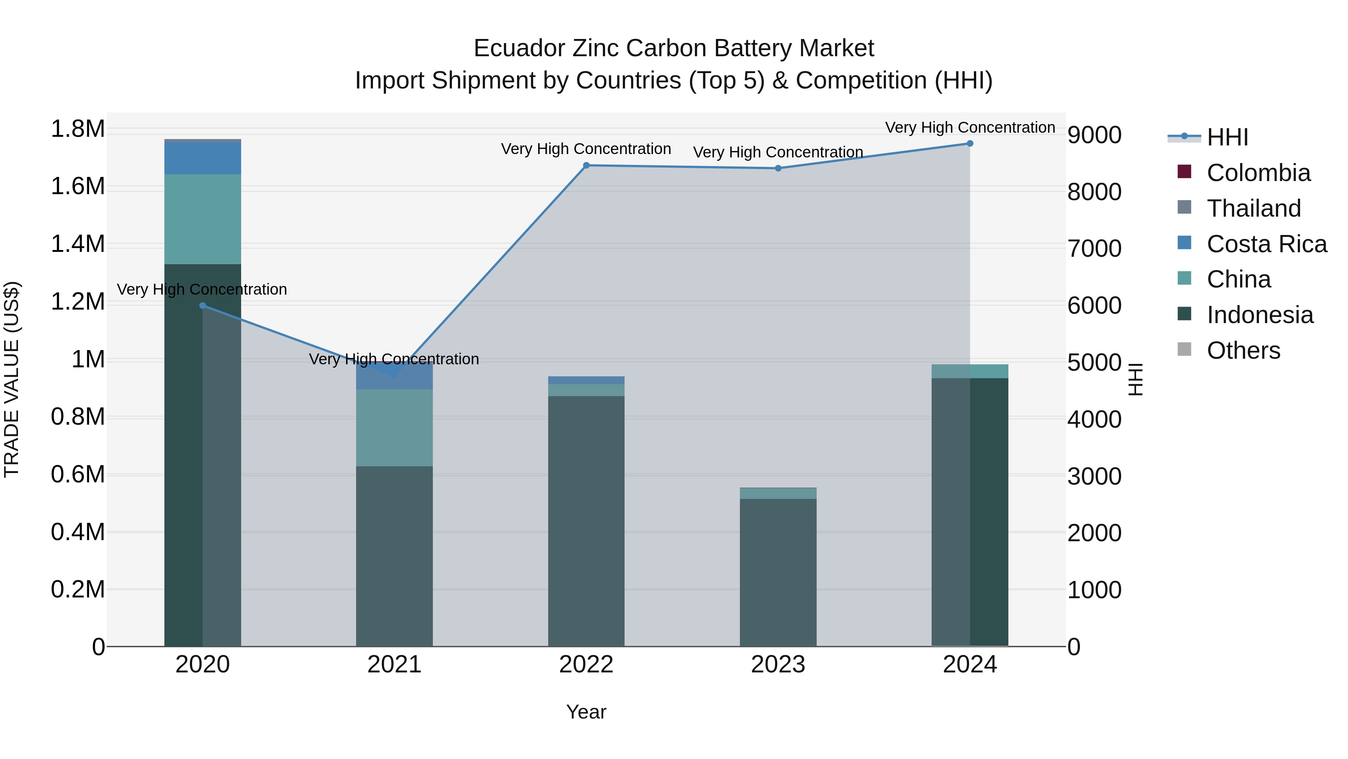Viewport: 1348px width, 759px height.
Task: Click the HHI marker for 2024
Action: pyautogui.click(x=970, y=144)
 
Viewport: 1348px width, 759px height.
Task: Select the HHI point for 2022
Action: pyautogui.click(x=586, y=166)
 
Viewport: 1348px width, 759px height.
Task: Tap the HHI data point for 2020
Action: pyautogui.click(x=203, y=305)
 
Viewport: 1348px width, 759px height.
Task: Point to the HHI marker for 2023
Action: pyautogui.click(x=778, y=168)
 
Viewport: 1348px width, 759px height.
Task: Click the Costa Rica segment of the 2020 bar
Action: pyautogui.click(x=203, y=158)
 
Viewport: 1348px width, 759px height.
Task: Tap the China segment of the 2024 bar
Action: pyautogui.click(x=970, y=371)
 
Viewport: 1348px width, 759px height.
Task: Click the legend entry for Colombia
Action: pyautogui.click(x=1258, y=173)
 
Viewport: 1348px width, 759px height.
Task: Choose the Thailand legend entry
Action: pyautogui.click(x=1253, y=208)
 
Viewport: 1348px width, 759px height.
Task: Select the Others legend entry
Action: pyautogui.click(x=1243, y=350)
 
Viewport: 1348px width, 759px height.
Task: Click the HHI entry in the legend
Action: pyautogui.click(x=1227, y=137)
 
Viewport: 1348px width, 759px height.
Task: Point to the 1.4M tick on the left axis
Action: pyautogui.click(x=78, y=244)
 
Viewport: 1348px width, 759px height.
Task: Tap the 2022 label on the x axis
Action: pyautogui.click(x=586, y=665)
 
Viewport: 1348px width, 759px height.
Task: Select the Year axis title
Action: pyautogui.click(x=586, y=712)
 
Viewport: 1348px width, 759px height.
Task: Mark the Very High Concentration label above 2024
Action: pyautogui.click(x=970, y=127)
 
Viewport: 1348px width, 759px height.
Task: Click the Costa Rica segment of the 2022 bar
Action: pyautogui.click(x=586, y=380)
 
